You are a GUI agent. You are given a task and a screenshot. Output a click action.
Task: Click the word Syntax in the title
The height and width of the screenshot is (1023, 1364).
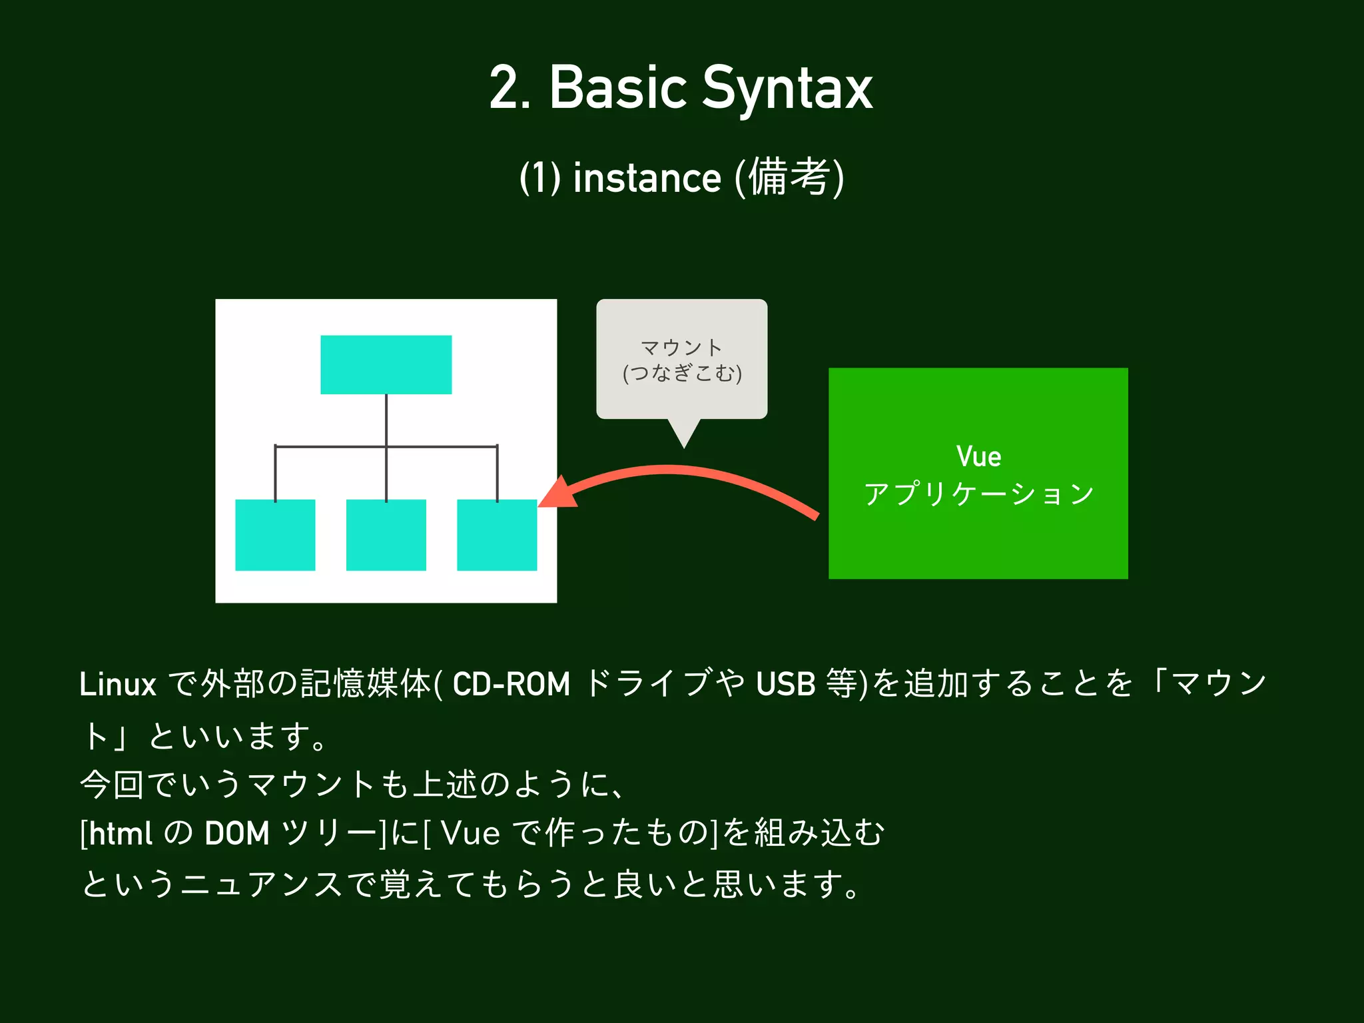[787, 89]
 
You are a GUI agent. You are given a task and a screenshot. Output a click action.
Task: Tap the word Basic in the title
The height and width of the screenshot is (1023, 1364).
[617, 88]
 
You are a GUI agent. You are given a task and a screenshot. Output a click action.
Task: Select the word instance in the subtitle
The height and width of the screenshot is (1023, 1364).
[647, 178]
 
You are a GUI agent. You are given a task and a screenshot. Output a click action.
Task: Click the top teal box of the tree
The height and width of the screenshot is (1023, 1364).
[386, 364]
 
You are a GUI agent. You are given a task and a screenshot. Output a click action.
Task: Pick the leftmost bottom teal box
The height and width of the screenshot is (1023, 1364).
[275, 535]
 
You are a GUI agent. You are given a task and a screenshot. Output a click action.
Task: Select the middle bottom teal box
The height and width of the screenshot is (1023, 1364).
[386, 535]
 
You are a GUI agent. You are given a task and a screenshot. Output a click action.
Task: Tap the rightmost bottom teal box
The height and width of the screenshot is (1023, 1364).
[497, 535]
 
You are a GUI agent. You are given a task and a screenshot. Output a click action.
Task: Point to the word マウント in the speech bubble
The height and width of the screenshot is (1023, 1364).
[681, 348]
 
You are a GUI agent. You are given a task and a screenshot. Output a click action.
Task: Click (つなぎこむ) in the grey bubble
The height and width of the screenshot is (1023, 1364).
[682, 373]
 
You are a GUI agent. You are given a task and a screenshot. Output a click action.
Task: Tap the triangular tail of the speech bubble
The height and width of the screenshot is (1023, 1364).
[684, 432]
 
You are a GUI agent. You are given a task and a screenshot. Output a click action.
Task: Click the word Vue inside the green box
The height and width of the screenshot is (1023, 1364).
[978, 457]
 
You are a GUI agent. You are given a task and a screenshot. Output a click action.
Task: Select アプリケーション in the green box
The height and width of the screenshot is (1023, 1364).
[978, 494]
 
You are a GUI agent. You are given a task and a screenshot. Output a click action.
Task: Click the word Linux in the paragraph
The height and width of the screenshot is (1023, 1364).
[117, 685]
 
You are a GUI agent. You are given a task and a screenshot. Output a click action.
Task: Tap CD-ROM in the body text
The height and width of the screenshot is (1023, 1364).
[511, 685]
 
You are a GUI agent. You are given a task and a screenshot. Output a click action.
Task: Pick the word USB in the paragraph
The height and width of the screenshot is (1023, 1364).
[786, 685]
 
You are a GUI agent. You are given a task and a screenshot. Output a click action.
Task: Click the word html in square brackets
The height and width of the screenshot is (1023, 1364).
[121, 834]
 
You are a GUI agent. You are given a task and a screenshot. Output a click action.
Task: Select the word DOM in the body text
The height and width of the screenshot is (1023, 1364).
[236, 834]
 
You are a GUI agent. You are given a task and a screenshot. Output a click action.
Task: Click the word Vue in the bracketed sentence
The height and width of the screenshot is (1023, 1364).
[470, 834]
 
